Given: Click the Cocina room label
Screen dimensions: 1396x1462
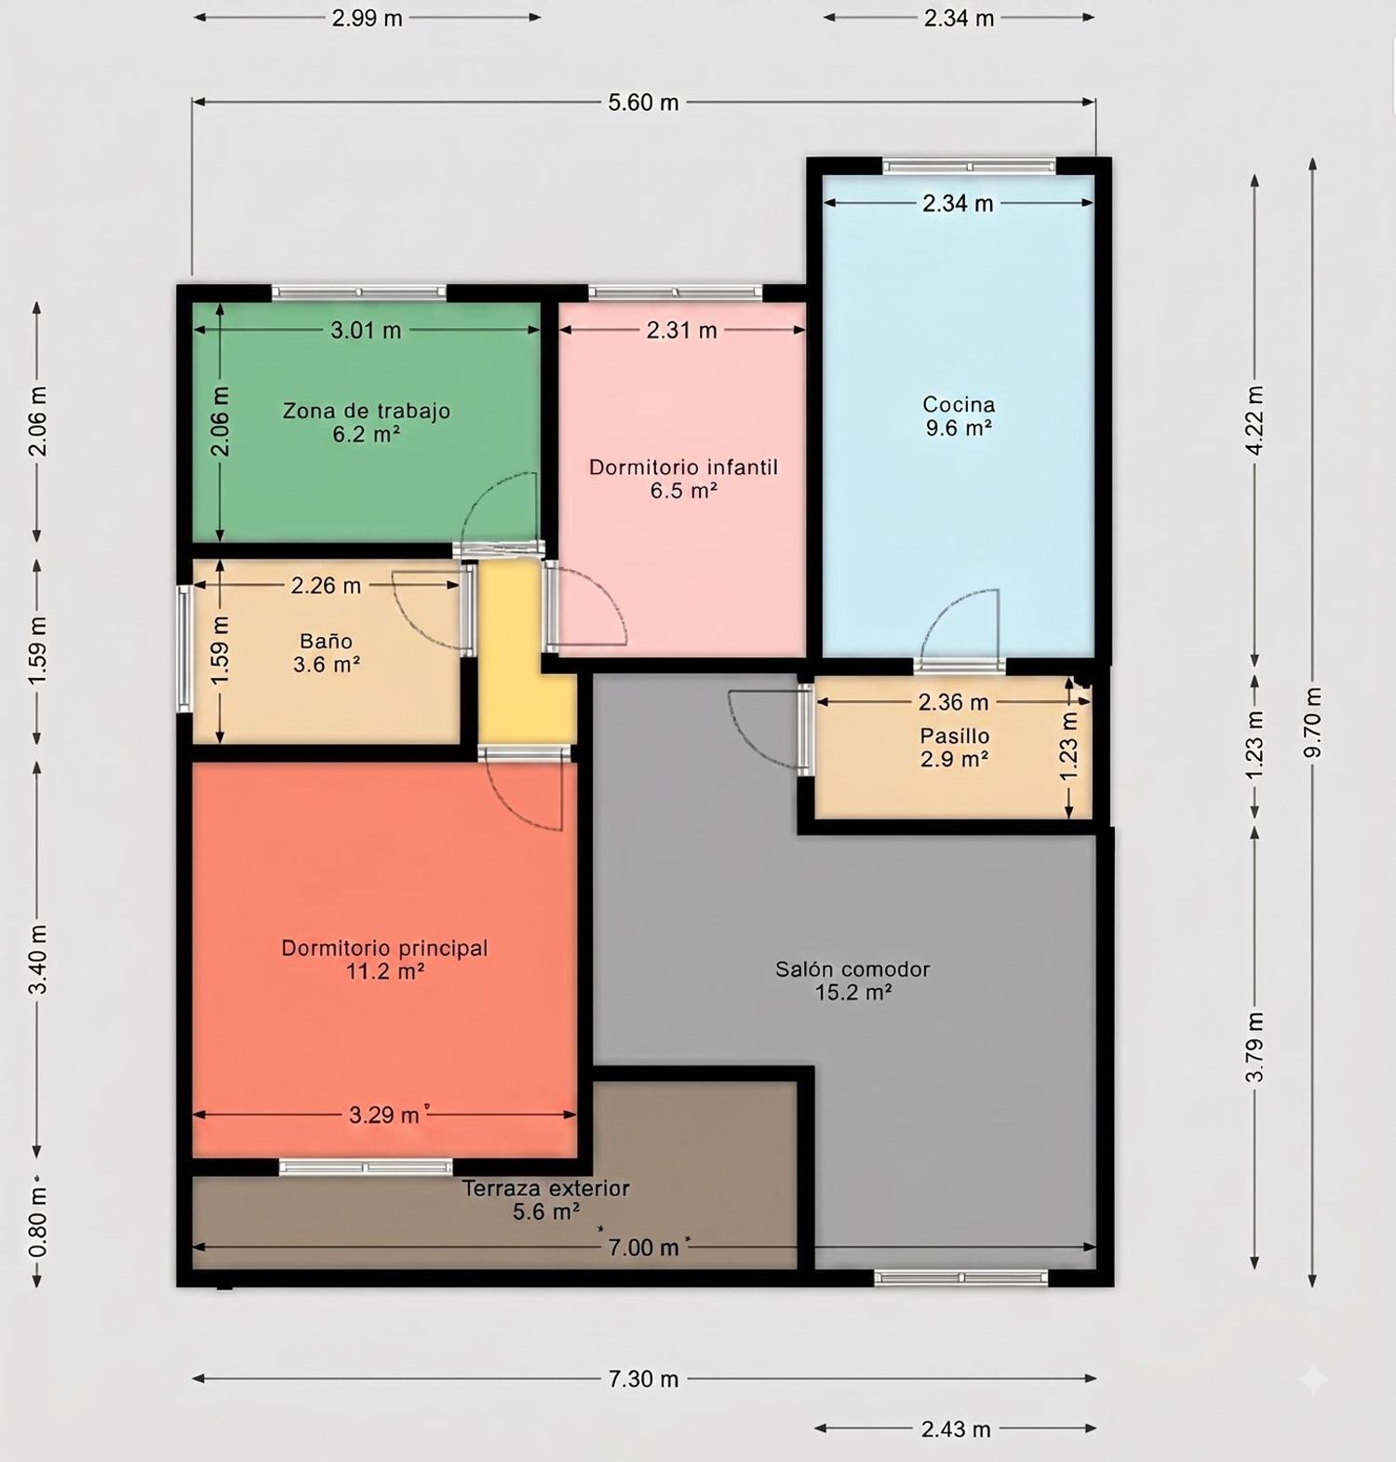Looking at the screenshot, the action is tap(959, 404).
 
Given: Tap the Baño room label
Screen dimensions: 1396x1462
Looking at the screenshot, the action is tap(327, 641).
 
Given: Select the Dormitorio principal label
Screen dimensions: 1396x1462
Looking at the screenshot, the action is tap(384, 948).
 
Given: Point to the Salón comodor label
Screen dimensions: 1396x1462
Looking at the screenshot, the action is tap(852, 969).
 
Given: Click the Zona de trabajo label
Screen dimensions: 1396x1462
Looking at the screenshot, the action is tap(367, 411).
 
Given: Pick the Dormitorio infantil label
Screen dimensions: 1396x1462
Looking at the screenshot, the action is tap(683, 467).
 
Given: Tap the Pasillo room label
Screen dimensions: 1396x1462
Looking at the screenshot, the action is tap(954, 736).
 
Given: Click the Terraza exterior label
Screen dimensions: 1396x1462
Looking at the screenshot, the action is tap(545, 1188).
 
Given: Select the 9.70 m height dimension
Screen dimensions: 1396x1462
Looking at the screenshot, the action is tap(1313, 723).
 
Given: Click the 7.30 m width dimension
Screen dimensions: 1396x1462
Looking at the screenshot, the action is tap(643, 1378).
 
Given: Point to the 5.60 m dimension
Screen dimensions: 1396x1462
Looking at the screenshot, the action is tap(643, 102).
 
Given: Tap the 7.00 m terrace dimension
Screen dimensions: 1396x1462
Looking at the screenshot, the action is tap(643, 1247).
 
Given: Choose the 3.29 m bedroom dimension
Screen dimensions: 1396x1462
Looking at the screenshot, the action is tap(384, 1115).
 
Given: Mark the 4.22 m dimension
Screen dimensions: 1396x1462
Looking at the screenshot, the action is tap(1255, 420).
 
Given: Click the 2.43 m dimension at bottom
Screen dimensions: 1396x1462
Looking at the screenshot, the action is tap(956, 1428).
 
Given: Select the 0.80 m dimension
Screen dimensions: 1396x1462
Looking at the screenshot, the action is tap(37, 1221).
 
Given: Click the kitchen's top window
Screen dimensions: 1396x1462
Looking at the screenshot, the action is tap(969, 166).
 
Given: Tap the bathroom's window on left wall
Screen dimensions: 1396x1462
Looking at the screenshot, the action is tap(185, 648).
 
